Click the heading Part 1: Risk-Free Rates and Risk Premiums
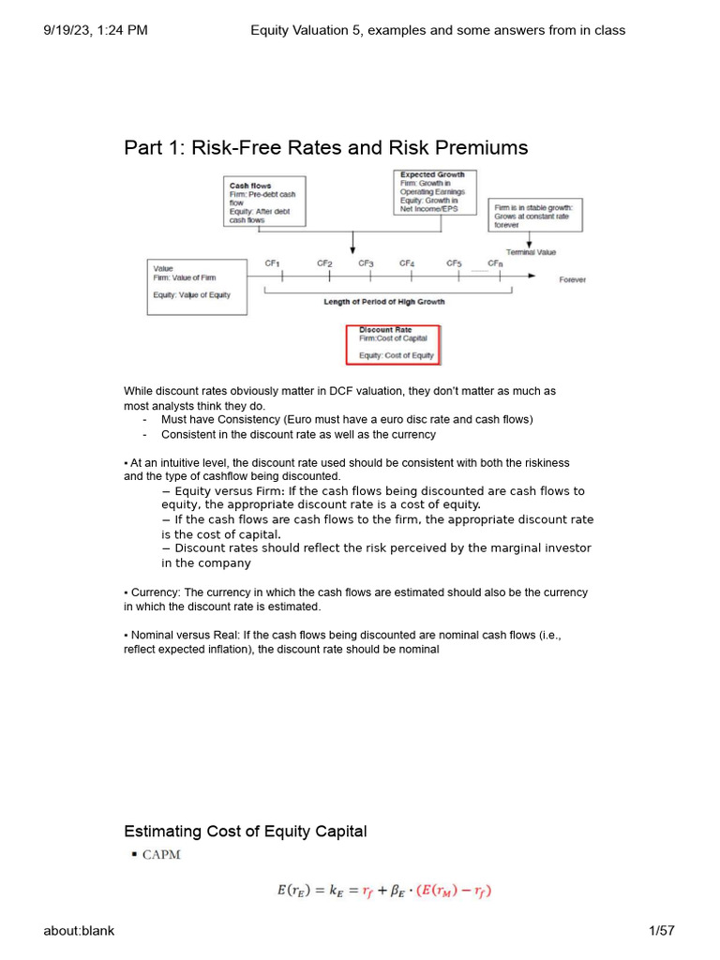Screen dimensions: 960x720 tap(325, 148)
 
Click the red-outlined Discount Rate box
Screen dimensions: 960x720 tap(393, 344)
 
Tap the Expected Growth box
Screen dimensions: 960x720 tap(435, 192)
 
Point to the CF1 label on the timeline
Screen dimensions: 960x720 tap(272, 263)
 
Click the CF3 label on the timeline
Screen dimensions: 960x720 tap(366, 263)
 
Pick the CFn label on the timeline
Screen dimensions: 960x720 tap(495, 263)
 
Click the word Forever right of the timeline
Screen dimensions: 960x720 tap(573, 279)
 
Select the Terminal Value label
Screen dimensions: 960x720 tap(531, 252)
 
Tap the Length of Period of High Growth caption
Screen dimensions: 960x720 tap(384, 302)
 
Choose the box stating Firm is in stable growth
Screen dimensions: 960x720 tap(534, 215)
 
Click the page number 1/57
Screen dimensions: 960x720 tap(661, 930)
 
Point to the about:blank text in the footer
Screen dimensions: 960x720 tap(79, 930)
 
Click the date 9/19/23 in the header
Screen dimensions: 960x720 tap(69, 30)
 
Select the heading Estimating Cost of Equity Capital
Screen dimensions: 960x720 tap(246, 832)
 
